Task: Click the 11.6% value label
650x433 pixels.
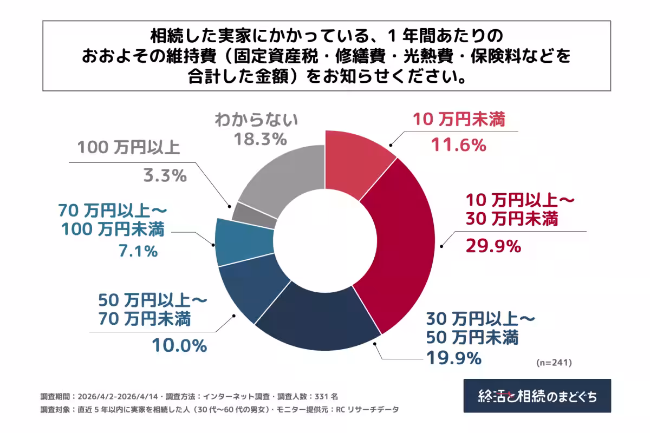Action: (458, 145)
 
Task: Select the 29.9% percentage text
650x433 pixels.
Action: (493, 246)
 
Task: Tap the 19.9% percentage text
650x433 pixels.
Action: (454, 358)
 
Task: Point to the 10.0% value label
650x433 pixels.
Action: (179, 346)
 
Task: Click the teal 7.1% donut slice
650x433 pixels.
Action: (243, 241)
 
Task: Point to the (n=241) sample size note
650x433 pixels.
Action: (554, 362)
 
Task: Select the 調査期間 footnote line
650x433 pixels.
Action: (190, 396)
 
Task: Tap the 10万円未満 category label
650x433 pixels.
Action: (459, 120)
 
